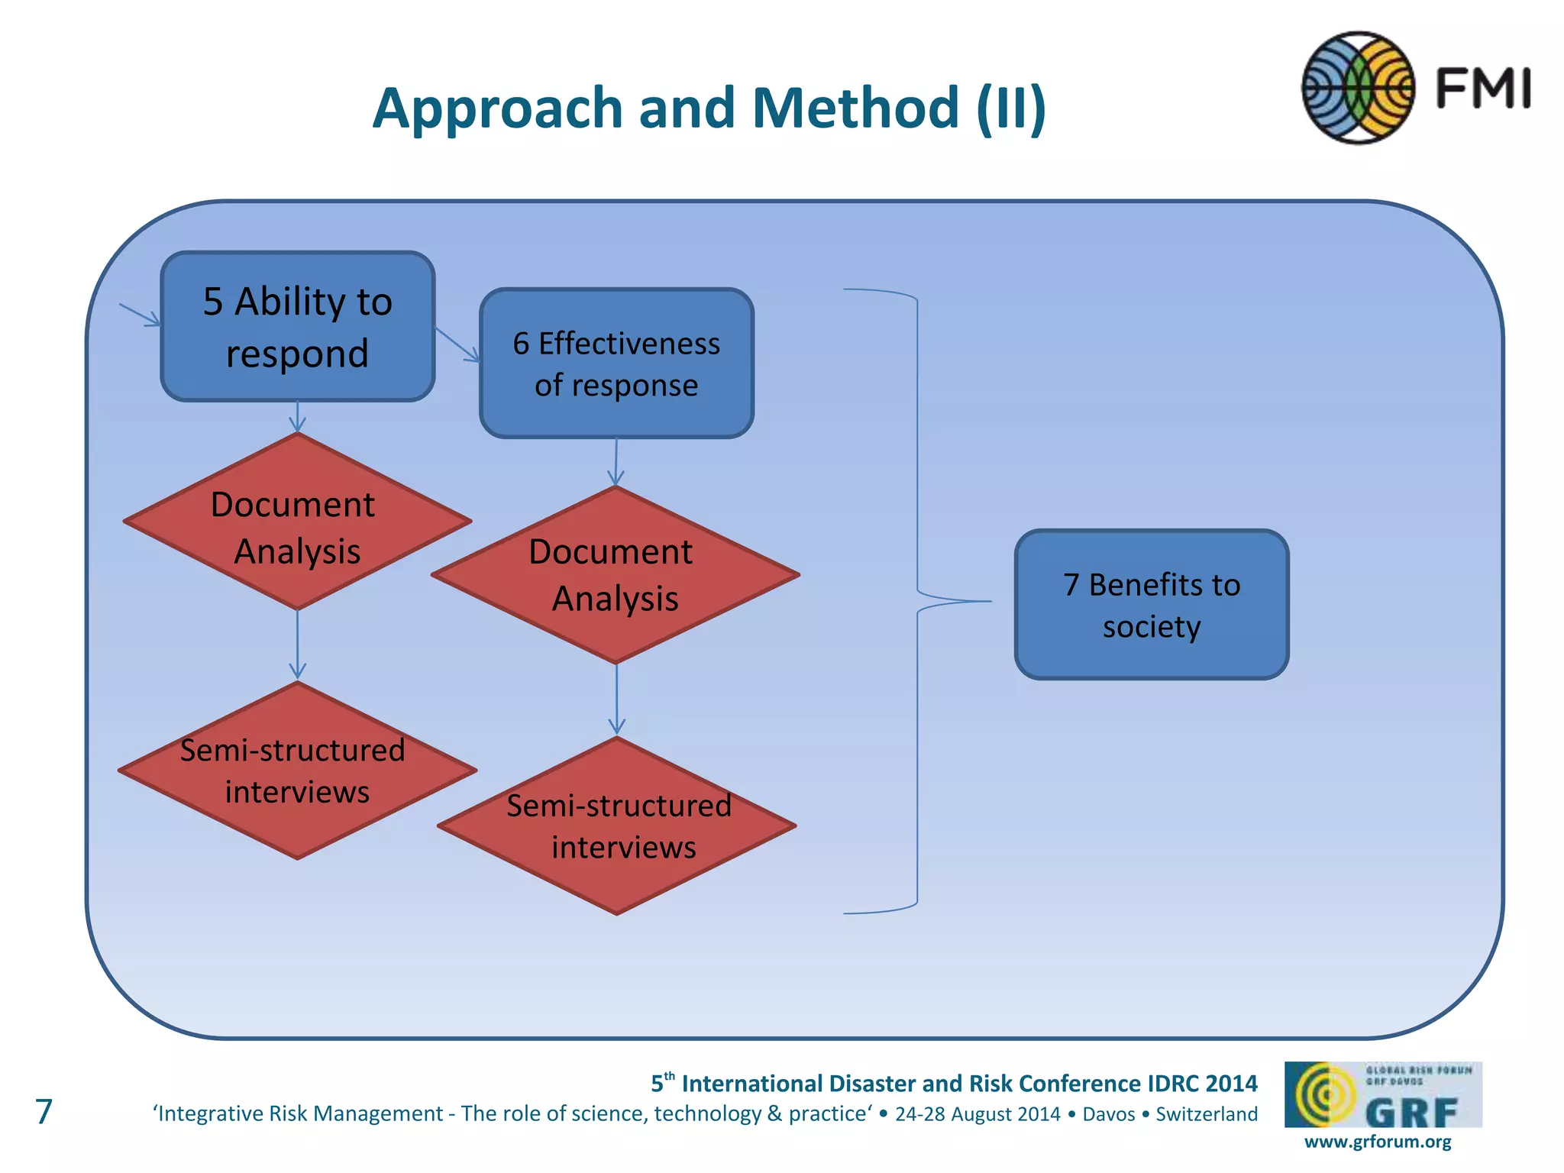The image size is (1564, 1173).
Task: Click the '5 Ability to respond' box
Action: click(x=298, y=326)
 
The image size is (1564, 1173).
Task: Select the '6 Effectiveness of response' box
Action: click(x=616, y=364)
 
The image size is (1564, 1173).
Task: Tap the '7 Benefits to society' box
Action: click(x=1152, y=604)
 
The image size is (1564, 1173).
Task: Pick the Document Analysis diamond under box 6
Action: click(x=616, y=575)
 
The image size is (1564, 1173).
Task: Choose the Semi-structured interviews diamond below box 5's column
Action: click(x=297, y=771)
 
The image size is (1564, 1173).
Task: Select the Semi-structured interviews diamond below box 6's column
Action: click(x=617, y=826)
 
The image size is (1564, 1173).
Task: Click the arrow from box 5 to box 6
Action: click(x=457, y=344)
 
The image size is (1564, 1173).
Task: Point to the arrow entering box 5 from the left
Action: click(x=141, y=315)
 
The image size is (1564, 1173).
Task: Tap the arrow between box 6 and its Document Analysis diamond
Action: click(x=616, y=461)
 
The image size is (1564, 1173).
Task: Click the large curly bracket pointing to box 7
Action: click(x=916, y=601)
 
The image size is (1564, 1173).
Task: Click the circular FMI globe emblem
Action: click(x=1358, y=88)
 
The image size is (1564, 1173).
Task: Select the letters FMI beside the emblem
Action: click(x=1483, y=89)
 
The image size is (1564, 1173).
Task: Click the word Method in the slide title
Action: click(x=855, y=108)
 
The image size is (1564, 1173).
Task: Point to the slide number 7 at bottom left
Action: click(x=44, y=1111)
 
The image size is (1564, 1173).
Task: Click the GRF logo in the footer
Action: click(x=1383, y=1094)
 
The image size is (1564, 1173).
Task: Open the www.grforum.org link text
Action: click(x=1378, y=1142)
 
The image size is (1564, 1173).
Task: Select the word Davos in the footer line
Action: click(x=1108, y=1114)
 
